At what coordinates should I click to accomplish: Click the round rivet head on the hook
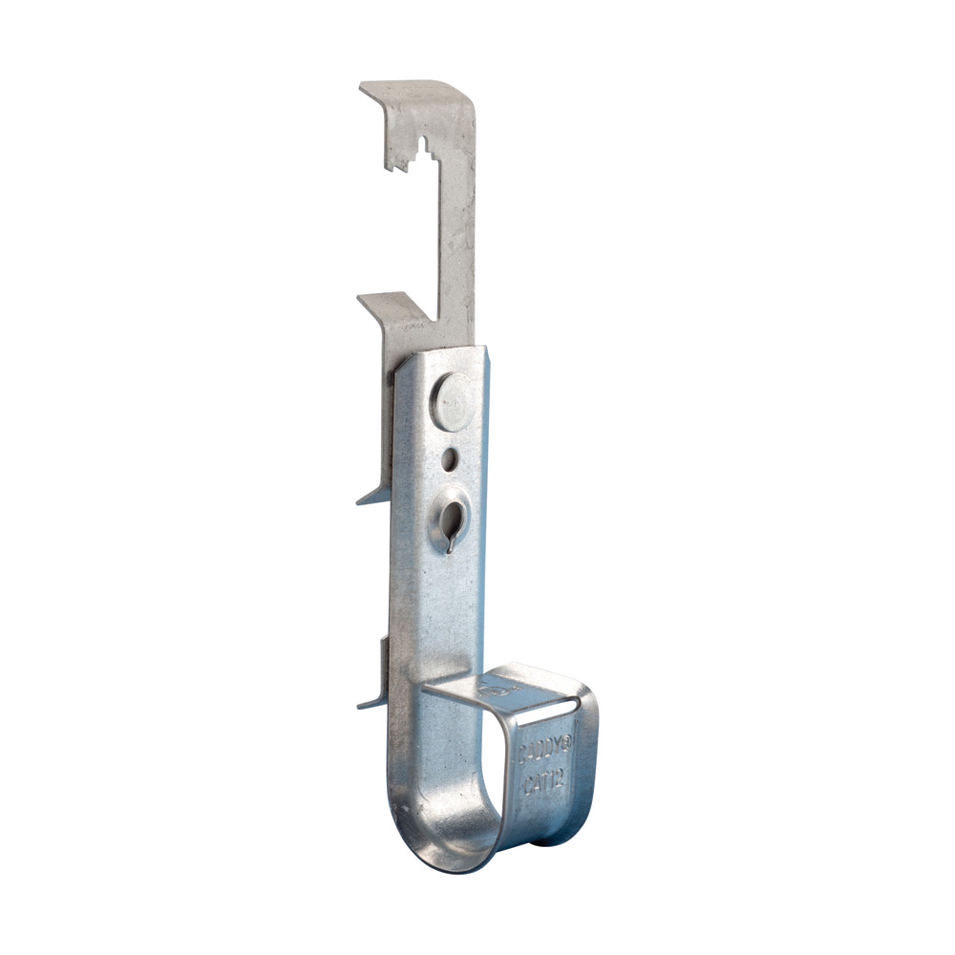(452, 394)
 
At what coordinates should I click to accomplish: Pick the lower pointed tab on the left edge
(372, 702)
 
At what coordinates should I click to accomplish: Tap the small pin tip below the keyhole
(450, 548)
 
